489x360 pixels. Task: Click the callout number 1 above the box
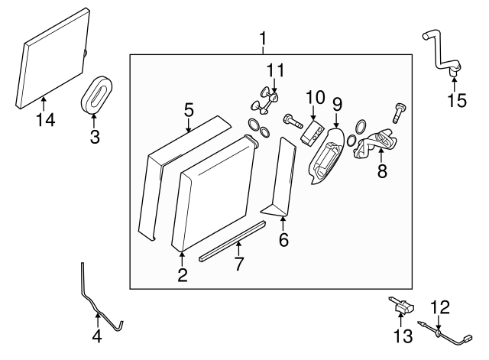(263, 38)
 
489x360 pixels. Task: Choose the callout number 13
(403, 336)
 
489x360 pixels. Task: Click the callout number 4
(97, 335)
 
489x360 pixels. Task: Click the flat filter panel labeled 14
(52, 57)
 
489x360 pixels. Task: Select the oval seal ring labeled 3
(96, 94)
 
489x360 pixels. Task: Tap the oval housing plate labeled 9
(325, 157)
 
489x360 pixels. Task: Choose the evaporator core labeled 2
(214, 191)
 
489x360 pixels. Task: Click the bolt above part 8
(397, 112)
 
